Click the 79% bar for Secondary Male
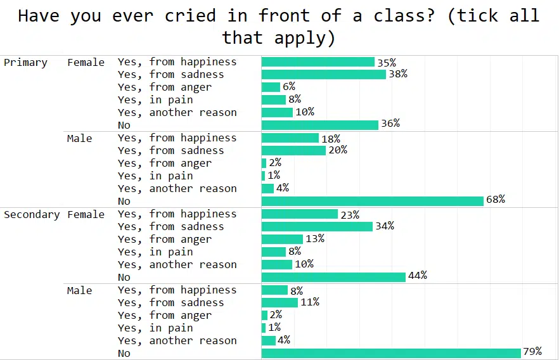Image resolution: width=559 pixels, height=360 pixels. pos(391,353)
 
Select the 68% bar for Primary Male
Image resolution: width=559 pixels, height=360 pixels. pos(373,201)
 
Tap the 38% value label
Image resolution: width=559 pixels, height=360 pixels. pos(398,74)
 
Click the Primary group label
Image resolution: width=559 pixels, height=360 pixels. pos(26,62)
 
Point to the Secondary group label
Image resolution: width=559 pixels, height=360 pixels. pos(32,214)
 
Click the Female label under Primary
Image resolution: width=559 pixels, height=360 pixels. pos(86,62)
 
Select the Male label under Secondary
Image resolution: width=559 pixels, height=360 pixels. pos(79,290)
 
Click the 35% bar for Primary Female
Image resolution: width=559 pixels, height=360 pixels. pos(318,61)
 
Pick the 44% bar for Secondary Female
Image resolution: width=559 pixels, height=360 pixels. pos(333,277)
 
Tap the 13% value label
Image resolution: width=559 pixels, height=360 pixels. pos(315,239)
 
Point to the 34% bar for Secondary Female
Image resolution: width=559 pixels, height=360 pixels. pos(317,226)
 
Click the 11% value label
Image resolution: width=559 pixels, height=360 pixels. pos(310,302)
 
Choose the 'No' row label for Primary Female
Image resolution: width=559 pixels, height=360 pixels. pos(124,125)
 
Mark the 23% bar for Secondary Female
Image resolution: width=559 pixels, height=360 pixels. pos(300,214)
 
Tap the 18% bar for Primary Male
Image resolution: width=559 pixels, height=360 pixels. pos(290,138)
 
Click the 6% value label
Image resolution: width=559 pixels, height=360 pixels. pos(289,87)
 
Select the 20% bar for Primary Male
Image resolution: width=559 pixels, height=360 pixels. pos(293,150)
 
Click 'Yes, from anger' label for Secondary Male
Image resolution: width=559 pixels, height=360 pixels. pos(165,316)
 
